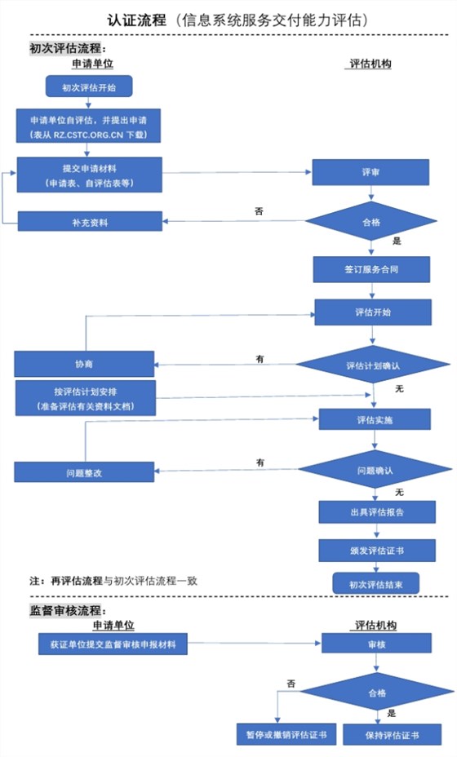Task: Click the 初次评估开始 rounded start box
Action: tap(88, 86)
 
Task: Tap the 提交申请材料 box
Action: tap(89, 175)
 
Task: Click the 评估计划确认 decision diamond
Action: tap(372, 365)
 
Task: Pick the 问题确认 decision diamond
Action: tap(375, 471)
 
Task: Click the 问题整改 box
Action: tap(83, 472)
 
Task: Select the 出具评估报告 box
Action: tap(376, 512)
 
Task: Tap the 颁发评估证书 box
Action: tap(376, 551)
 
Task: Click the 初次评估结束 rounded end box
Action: tap(376, 583)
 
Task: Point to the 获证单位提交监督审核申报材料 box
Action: tap(113, 645)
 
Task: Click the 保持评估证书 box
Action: tap(392, 734)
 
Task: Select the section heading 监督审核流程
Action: tap(69, 609)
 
